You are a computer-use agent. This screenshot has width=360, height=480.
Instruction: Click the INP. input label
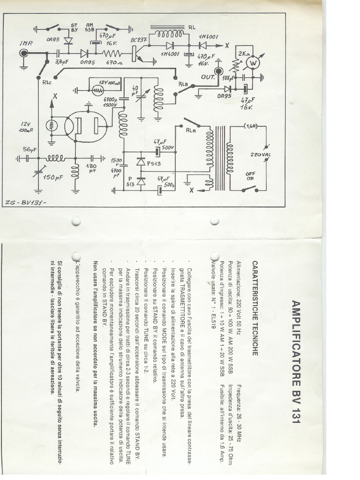click(x=25, y=44)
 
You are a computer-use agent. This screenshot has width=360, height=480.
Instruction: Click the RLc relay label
click(x=47, y=81)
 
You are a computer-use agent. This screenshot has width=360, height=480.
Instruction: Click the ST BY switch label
click(x=75, y=28)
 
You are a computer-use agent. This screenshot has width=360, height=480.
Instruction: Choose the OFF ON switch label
click(x=251, y=177)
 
